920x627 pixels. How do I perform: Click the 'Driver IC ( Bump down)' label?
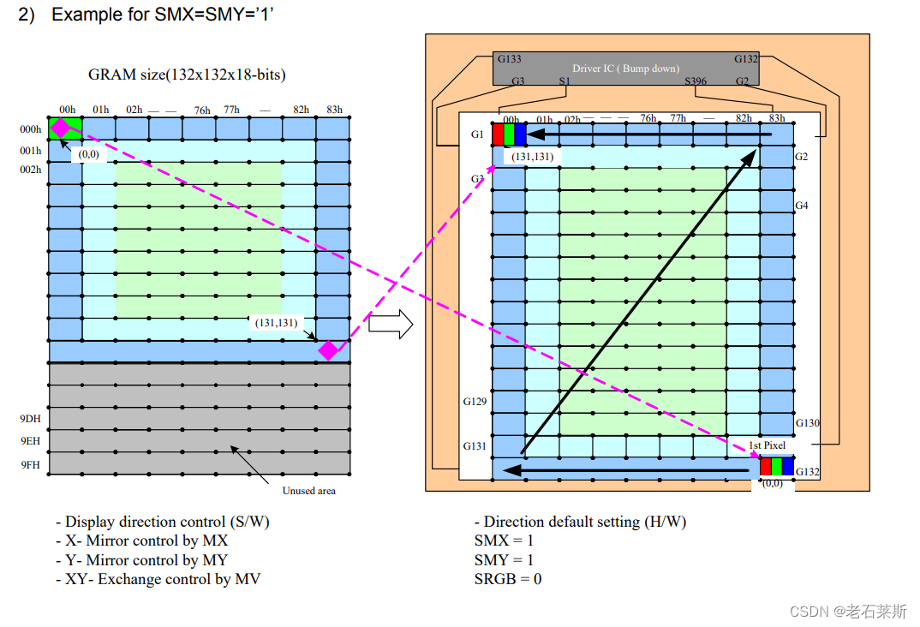[x=625, y=69]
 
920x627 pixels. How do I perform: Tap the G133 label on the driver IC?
[x=509, y=59]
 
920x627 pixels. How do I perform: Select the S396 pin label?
[x=695, y=81]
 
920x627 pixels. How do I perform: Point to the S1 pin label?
[x=564, y=81]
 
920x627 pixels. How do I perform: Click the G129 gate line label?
[x=475, y=401]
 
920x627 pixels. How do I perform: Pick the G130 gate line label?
[x=808, y=423]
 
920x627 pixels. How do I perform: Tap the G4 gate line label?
[x=802, y=206]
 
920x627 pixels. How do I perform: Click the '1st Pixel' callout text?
[x=767, y=445]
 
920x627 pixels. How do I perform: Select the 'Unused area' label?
[x=309, y=491]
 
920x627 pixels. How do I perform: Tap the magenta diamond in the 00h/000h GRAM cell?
[x=61, y=128]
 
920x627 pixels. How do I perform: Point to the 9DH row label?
[x=30, y=419]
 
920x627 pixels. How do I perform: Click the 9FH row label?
[x=30, y=463]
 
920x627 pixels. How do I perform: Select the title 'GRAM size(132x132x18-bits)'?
[x=187, y=75]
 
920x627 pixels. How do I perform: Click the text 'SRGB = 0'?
[x=507, y=579]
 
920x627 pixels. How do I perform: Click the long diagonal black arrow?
[x=638, y=301]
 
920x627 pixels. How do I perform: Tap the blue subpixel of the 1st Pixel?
[x=788, y=467]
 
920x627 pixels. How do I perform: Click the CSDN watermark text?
[x=848, y=611]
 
